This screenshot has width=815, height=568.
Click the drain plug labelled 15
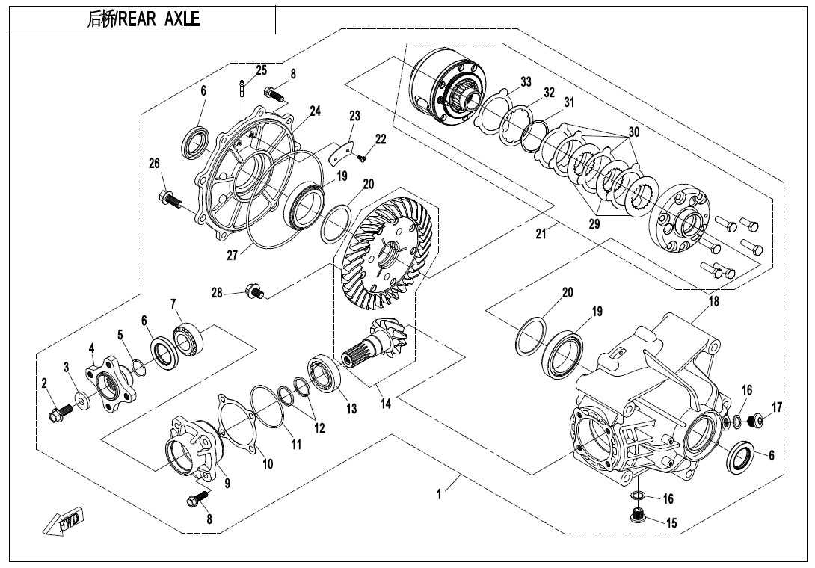click(x=638, y=516)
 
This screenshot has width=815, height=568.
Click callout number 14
click(x=384, y=404)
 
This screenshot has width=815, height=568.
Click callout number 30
click(x=633, y=132)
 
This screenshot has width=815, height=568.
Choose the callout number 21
click(x=541, y=234)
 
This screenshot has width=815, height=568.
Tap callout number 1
click(x=440, y=493)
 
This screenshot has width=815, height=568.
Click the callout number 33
click(x=526, y=81)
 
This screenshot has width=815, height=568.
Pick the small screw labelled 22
click(x=361, y=157)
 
